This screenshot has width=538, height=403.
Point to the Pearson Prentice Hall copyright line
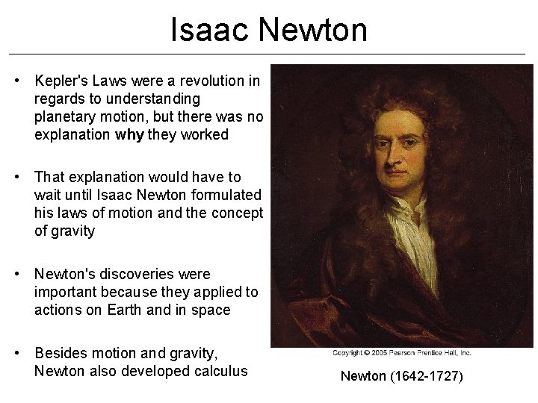coord(402,353)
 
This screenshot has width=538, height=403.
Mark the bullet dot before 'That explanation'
coord(22,177)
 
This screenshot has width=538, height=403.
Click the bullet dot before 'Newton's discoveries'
coord(22,275)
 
